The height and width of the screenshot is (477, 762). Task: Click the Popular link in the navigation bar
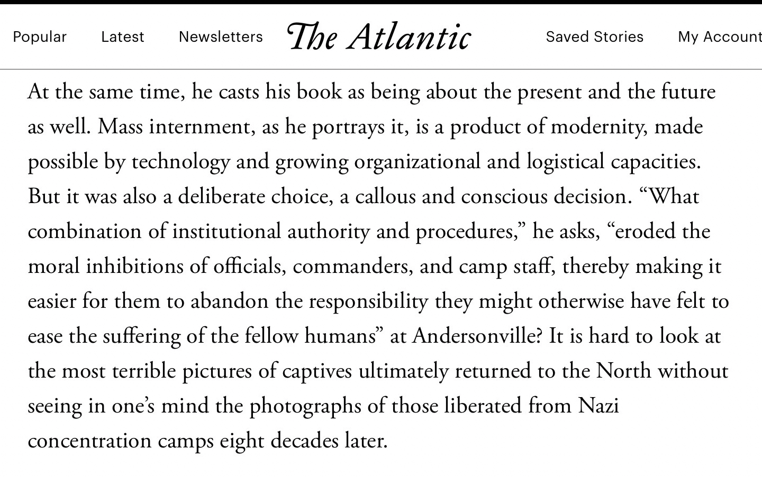[x=40, y=36]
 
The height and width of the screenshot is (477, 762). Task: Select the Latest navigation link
[x=123, y=36]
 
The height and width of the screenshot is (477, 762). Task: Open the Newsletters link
[x=221, y=36]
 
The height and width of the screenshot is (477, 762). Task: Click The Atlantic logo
[x=379, y=36]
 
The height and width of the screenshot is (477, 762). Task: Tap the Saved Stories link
[x=595, y=36]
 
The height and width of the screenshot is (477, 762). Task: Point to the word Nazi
[x=598, y=406]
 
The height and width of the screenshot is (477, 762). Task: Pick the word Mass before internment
[x=121, y=127]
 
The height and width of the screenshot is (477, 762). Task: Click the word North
[x=624, y=371]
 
